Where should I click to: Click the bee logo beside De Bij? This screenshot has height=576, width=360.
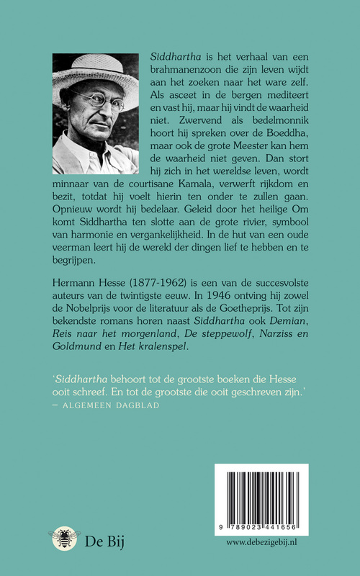point(63,537)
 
